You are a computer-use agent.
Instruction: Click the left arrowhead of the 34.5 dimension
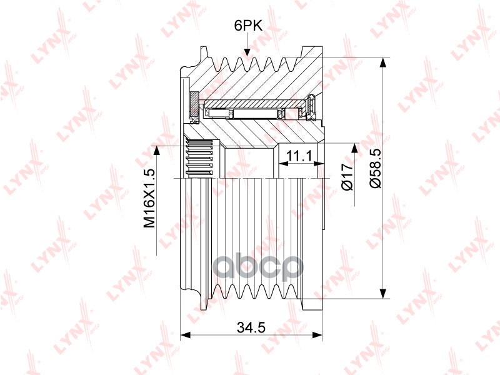point(185,335)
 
